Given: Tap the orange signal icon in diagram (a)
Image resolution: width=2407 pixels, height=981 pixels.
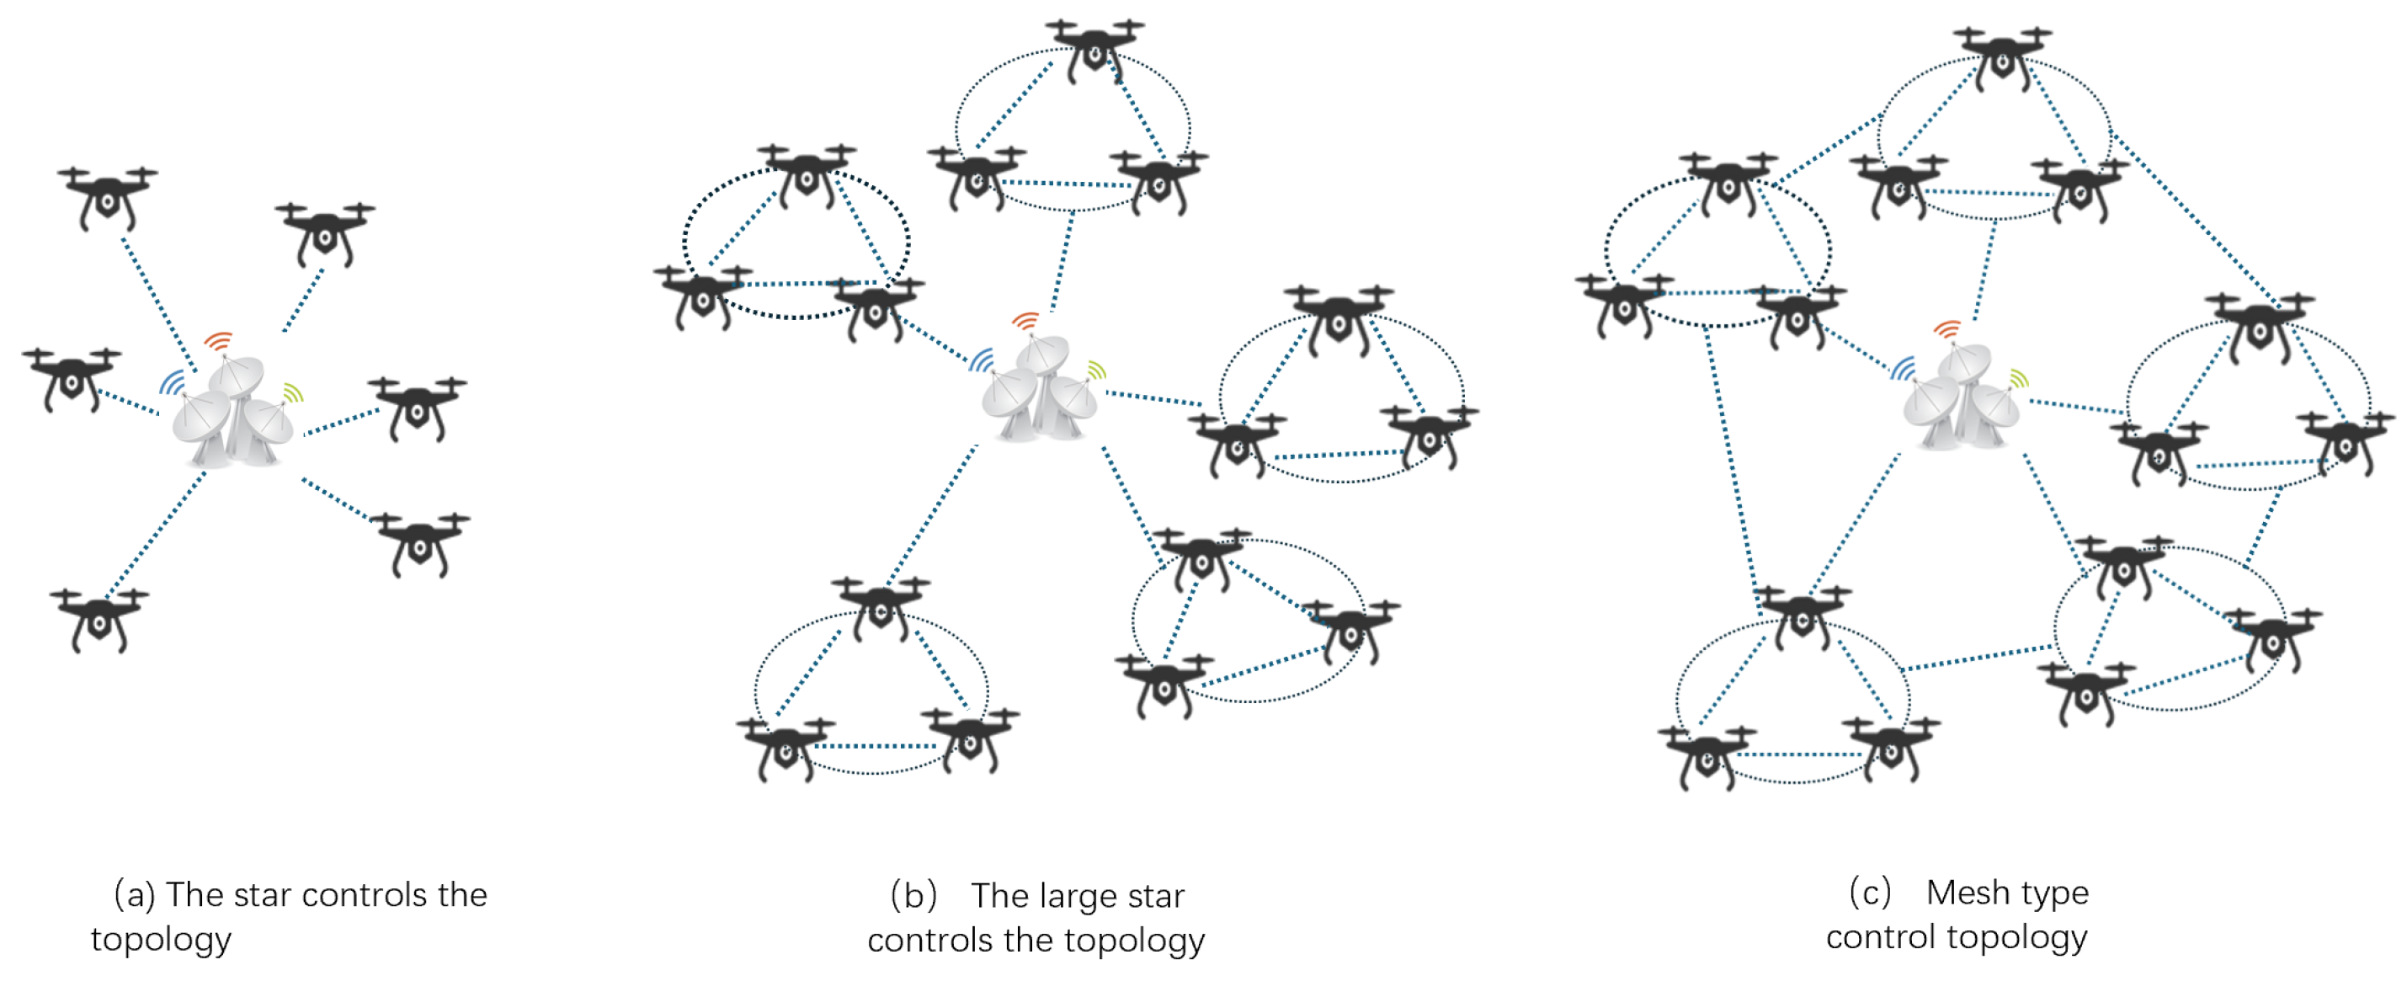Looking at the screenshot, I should point(219,341).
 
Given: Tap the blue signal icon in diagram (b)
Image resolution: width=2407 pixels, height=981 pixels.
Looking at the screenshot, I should point(981,360).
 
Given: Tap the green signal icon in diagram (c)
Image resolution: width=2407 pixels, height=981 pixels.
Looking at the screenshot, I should point(2019,378).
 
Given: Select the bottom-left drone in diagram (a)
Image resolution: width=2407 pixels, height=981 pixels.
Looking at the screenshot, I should point(99,616).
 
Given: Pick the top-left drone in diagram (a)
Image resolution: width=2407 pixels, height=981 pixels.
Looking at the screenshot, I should point(108,195).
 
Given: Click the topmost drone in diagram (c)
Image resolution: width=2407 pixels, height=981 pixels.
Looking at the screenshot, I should point(2001,56).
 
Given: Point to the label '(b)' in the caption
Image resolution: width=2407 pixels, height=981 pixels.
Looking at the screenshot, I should point(913,896).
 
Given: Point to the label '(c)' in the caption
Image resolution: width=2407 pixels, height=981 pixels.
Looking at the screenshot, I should point(1870,893).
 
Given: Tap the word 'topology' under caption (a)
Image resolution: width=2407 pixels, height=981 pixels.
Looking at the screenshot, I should point(161,940).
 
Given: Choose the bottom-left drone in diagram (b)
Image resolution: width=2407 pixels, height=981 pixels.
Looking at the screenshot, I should point(785,747).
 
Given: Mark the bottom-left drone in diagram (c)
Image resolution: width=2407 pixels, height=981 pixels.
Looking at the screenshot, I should point(1707,754).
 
